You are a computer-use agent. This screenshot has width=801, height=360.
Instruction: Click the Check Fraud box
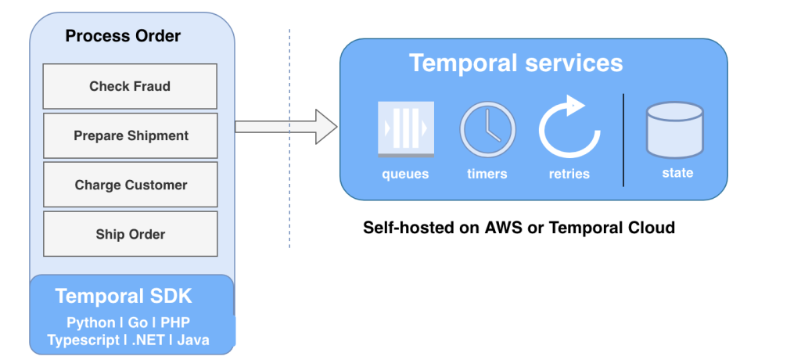130,86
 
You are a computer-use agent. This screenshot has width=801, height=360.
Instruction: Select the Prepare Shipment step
130,135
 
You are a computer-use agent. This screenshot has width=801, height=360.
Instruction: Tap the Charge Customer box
130,185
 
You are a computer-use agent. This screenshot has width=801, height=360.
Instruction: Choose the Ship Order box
130,234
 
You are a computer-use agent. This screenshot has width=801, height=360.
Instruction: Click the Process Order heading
123,36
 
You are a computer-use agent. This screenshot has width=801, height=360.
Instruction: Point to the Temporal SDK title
124,297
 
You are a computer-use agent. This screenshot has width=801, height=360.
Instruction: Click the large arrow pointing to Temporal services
286,127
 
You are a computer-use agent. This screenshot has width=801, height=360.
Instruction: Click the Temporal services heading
516,63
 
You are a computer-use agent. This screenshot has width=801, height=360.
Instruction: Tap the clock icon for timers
487,130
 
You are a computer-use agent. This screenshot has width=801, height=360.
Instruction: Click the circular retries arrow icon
569,128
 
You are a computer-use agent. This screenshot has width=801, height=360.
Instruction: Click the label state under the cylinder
677,173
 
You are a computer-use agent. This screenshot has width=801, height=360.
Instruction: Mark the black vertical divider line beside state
623,140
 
